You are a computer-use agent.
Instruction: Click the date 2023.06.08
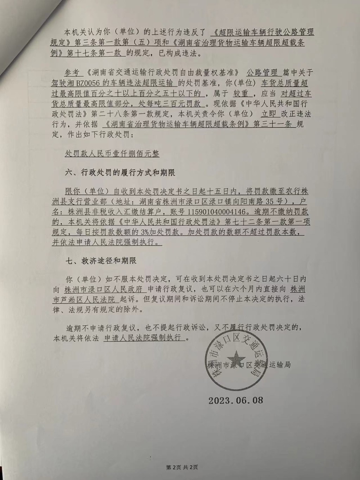pyautogui.click(x=235, y=400)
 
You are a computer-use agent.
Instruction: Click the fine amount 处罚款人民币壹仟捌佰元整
pyautogui.click(x=112, y=154)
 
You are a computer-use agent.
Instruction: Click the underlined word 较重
pyautogui.click(x=240, y=94)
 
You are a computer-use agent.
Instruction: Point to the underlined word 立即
pyautogui.click(x=270, y=114)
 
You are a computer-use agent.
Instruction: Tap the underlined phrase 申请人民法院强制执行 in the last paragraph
pyautogui.click(x=144, y=338)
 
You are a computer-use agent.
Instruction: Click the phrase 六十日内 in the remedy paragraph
pyautogui.click(x=290, y=279)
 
